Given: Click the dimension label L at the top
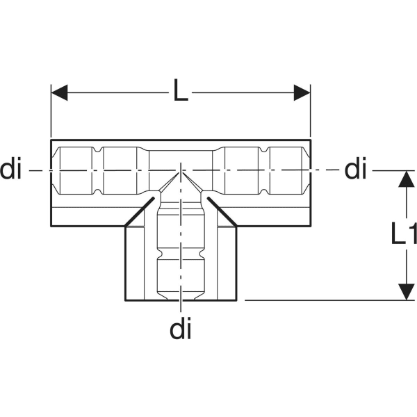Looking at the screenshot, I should point(181,92).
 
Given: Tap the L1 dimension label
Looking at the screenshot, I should point(401,236).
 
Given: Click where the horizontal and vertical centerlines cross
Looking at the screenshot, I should point(181,170).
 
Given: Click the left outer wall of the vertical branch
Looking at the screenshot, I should point(125,264).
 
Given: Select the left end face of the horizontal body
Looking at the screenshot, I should point(51,182).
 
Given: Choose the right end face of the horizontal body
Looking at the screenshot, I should point(310,182).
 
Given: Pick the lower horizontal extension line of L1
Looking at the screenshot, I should point(327,300).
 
